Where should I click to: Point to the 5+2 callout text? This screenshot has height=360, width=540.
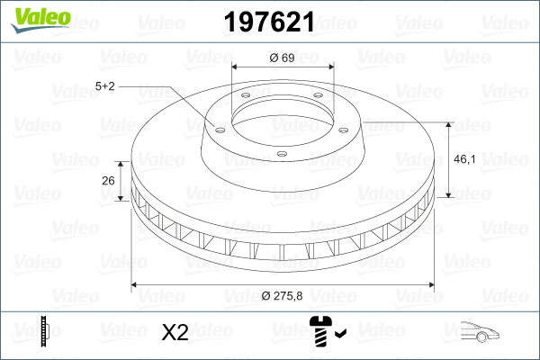click(105, 85)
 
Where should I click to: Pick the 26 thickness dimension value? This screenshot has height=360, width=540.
click(108, 181)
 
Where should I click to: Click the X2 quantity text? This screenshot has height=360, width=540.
click(174, 333)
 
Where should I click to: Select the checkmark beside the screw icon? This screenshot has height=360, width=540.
click(339, 336)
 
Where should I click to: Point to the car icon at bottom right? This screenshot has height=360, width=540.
click(476, 332)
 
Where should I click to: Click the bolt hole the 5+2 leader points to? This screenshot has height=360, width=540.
click(218, 126)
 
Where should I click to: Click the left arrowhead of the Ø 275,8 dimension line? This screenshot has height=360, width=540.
click(136, 285)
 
